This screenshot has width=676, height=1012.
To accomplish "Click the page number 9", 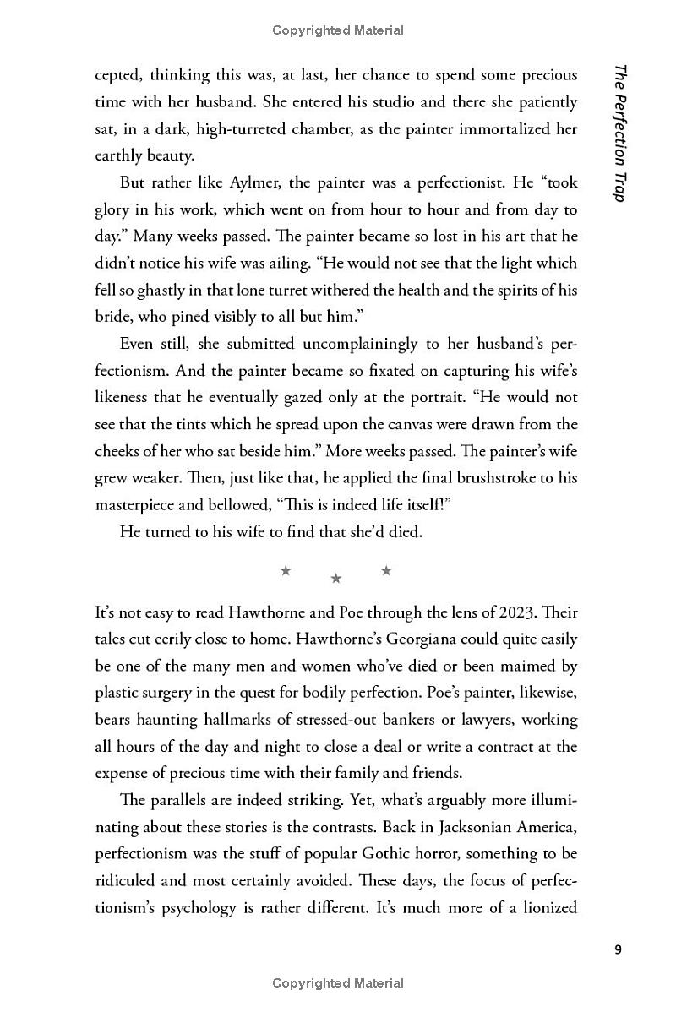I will pyautogui.click(x=619, y=950).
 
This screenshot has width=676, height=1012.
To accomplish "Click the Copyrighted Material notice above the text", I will pyautogui.click(x=338, y=30).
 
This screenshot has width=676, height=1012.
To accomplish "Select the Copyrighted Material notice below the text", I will pyautogui.click(x=338, y=982).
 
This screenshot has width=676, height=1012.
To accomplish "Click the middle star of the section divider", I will pyautogui.click(x=336, y=579).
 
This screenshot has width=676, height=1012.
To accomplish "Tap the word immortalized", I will pyautogui.click(x=499, y=129).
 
